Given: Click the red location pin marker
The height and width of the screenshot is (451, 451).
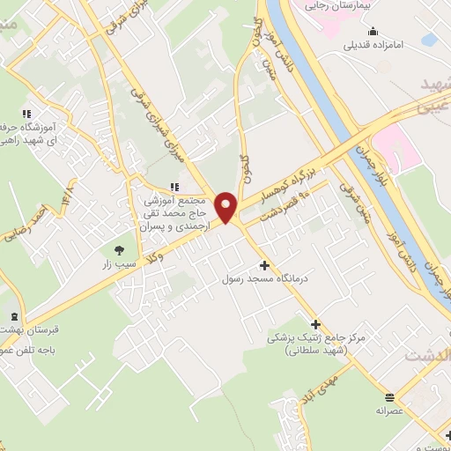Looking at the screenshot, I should pyautogui.click(x=227, y=206).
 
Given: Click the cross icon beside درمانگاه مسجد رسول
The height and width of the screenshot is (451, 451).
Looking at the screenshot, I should pyautogui.click(x=264, y=265).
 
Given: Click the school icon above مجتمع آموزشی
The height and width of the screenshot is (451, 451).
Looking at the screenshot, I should pyautogui.click(x=174, y=186).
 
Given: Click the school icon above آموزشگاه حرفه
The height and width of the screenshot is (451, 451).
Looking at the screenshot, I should pyautogui.click(x=25, y=114).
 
